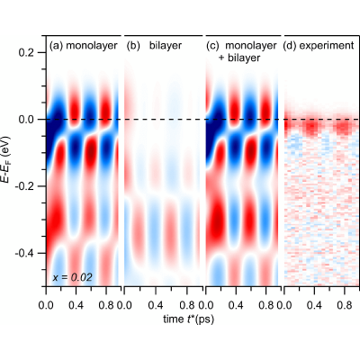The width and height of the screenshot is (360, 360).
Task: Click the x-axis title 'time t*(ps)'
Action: (189, 319)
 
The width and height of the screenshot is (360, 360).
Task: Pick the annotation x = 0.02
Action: (73, 278)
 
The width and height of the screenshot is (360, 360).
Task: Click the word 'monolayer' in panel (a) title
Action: (92, 46)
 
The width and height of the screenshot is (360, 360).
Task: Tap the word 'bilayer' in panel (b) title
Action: (166, 46)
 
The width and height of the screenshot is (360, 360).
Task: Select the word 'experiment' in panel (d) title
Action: (327, 46)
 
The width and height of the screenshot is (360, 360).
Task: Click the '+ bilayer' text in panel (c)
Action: (239, 58)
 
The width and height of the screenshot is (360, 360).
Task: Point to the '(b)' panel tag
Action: (133, 46)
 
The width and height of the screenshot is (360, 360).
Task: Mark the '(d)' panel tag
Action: (290, 46)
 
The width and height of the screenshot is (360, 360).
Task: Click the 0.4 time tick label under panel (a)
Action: (76, 305)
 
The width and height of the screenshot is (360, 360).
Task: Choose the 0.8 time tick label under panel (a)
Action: (106, 305)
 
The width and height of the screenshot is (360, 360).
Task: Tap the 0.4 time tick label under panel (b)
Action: (156, 305)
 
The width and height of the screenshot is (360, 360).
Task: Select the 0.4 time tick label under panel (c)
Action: (236, 305)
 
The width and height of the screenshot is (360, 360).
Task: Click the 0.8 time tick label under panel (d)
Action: (345, 305)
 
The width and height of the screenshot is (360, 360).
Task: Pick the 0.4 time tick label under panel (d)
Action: (314, 305)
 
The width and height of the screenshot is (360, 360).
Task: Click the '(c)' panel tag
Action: (213, 46)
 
